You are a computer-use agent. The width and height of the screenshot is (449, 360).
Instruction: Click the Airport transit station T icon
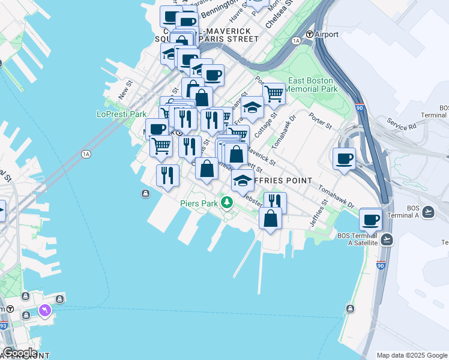click(310, 34)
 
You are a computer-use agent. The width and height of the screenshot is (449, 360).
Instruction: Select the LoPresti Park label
click(122, 114)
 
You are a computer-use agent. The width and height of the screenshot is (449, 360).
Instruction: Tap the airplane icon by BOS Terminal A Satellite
click(387, 239)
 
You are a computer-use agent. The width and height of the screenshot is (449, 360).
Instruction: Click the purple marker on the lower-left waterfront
click(45, 310)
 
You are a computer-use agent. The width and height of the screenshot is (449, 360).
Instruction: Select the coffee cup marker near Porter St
click(345, 159)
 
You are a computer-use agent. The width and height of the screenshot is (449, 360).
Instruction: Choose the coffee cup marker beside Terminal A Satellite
click(371, 219)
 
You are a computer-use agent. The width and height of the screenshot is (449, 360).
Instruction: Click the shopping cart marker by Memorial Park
click(274, 94)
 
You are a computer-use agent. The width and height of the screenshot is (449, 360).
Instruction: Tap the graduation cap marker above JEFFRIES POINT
click(243, 181)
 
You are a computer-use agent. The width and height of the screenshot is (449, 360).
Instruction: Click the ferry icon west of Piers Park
click(146, 193)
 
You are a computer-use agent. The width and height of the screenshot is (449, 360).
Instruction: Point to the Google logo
click(20, 353)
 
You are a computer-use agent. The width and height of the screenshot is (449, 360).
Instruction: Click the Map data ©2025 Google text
click(411, 355)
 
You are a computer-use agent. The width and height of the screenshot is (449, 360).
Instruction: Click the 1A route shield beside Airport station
click(295, 40)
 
